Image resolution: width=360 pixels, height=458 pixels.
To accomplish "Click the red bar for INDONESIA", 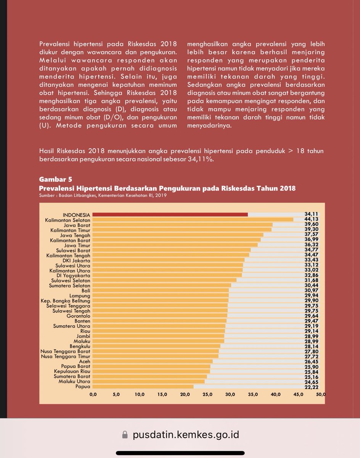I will point(170,214).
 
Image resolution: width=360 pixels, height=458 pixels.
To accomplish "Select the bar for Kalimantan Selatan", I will point(193,219).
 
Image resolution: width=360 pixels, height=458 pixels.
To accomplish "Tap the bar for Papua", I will point(143,387).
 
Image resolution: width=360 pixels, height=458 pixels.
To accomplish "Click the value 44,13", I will point(312,219).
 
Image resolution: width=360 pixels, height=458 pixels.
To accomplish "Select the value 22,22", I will point(312,387).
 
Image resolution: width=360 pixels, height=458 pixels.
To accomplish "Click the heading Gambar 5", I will point(56,179).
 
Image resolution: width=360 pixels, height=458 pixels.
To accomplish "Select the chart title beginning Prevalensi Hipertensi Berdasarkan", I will point(167,189).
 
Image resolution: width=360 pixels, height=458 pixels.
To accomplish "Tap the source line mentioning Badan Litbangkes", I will point(103,195).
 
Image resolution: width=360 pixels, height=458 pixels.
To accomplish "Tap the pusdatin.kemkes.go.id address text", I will point(186,435).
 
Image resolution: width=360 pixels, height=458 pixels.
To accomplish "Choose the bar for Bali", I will point(161,290).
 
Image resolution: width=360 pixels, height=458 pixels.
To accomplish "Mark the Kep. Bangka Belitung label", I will point(66,300).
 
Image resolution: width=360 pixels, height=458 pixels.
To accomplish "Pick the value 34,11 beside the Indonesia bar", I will point(312,214).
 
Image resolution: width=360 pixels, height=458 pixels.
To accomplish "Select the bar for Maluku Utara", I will point(149,381).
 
